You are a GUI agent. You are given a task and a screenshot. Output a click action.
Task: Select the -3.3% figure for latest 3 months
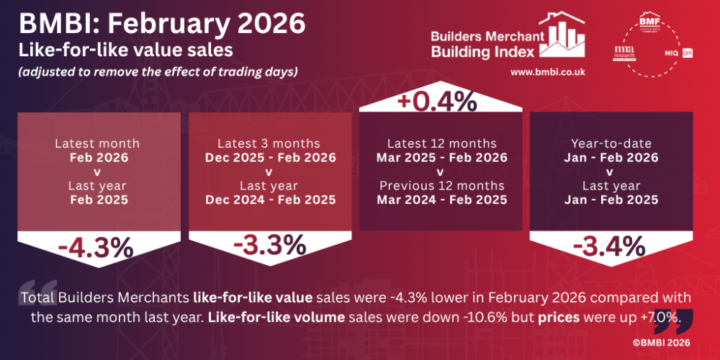[270, 246]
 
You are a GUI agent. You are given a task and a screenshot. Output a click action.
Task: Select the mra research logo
[624, 52]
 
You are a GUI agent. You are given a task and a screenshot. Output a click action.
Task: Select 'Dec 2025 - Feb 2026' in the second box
[270, 158]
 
